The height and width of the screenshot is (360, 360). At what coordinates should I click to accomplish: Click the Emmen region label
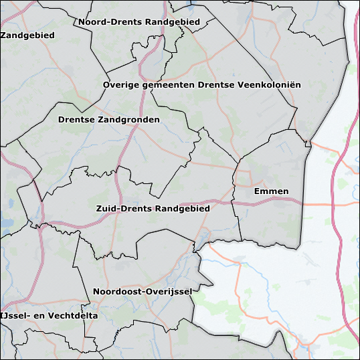[272, 191]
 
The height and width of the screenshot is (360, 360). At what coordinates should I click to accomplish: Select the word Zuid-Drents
[123, 209]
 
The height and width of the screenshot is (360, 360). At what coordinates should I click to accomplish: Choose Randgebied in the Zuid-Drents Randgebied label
[182, 209]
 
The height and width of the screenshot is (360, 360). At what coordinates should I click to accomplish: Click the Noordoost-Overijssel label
[143, 292]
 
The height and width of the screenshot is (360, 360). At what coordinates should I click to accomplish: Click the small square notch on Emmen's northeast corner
[307, 143]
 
